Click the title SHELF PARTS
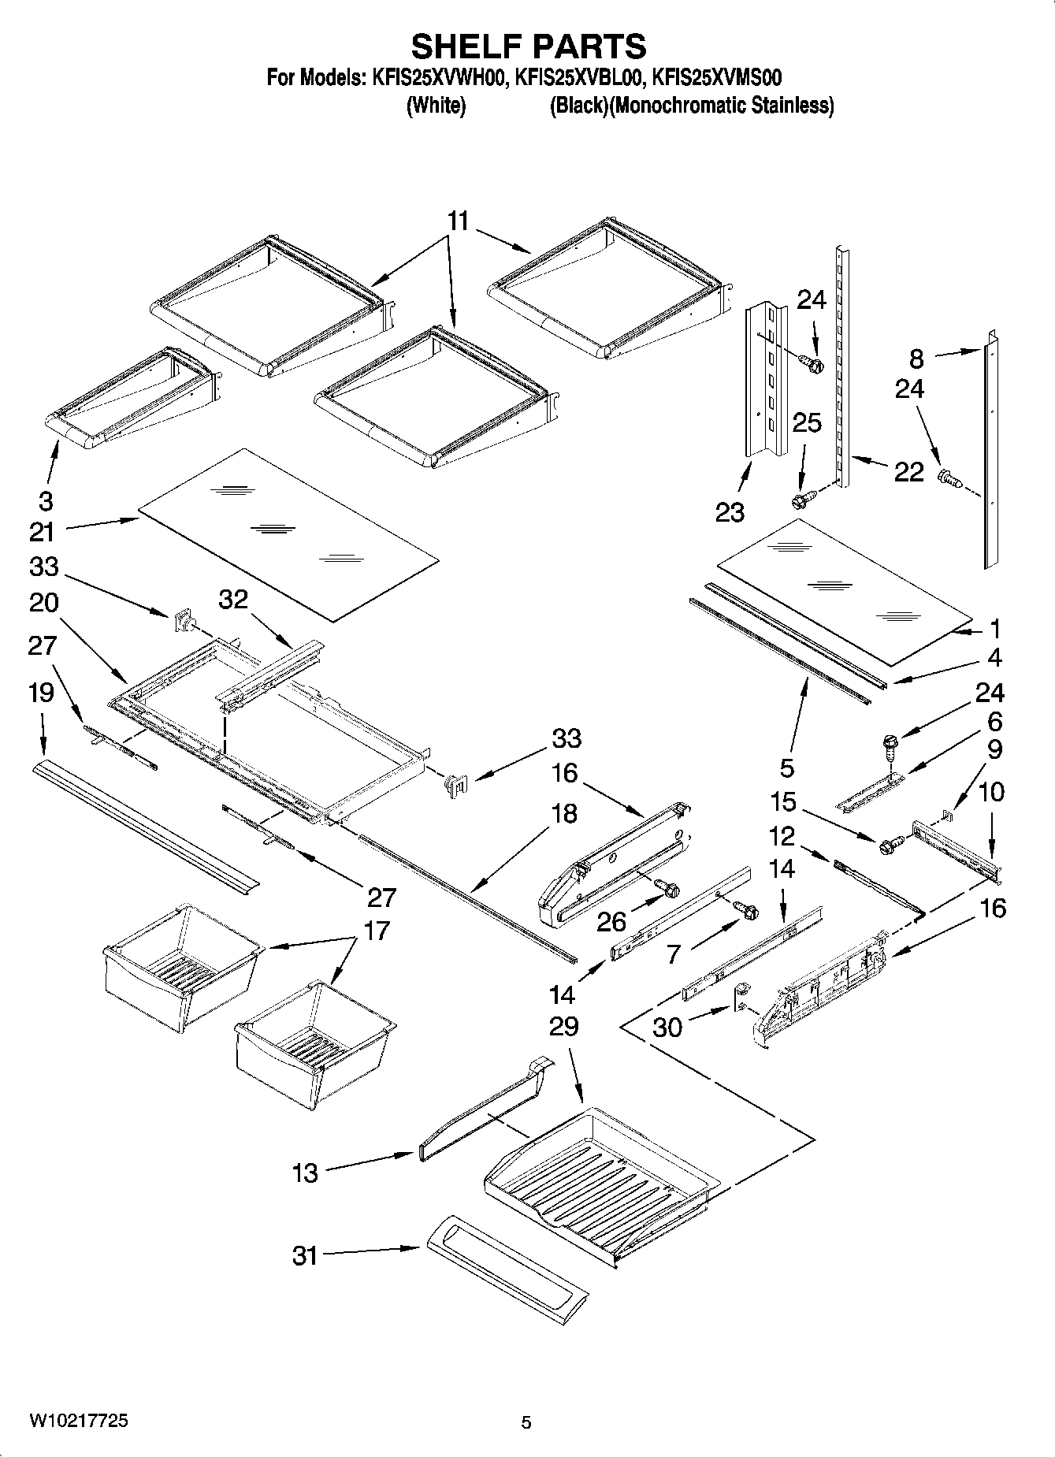click(529, 46)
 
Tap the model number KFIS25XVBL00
click(581, 78)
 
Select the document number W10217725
click(79, 1421)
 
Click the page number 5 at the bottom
click(526, 1422)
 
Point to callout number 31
click(305, 1254)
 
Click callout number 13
click(305, 1173)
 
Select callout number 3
click(46, 500)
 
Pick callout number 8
click(916, 359)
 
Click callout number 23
click(730, 512)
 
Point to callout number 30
click(667, 1028)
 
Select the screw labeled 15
click(887, 845)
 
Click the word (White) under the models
click(436, 106)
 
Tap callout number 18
click(565, 812)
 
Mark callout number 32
click(233, 600)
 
